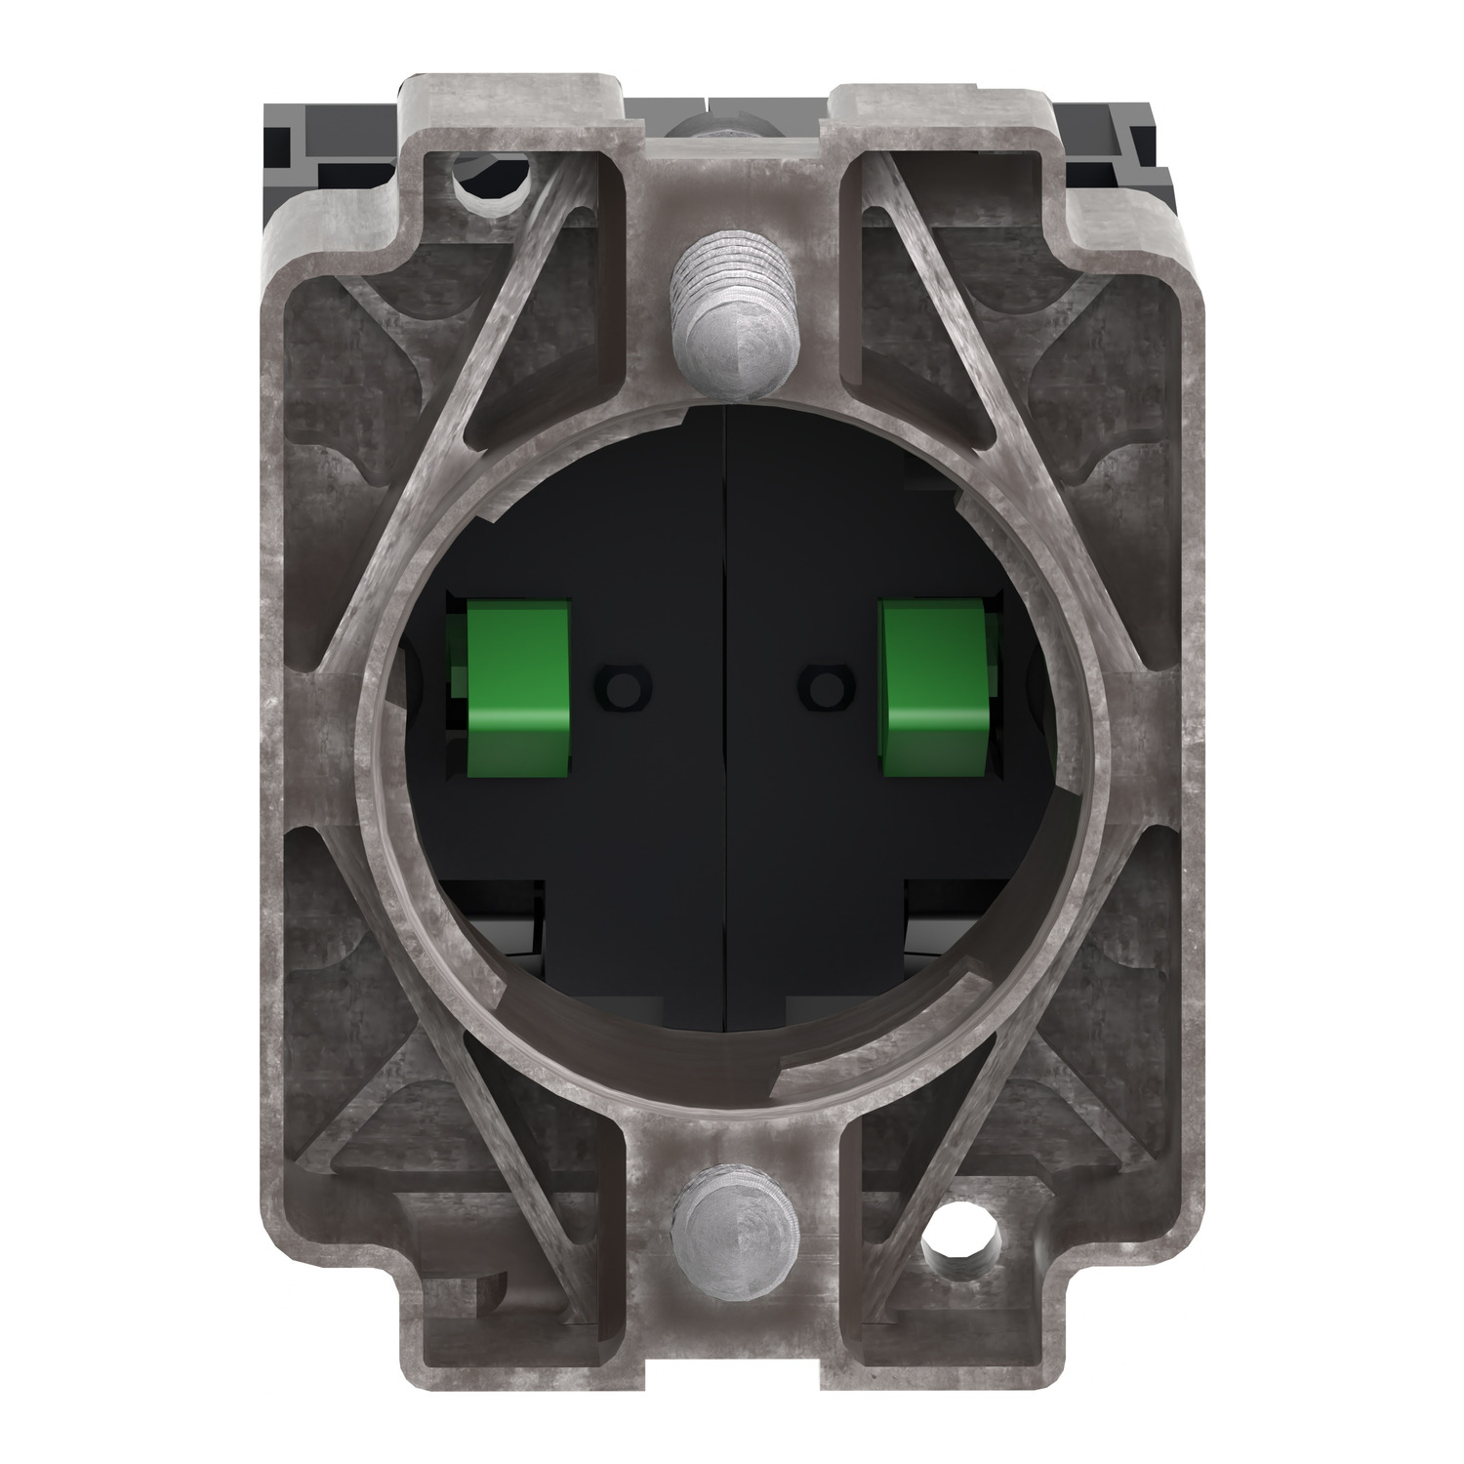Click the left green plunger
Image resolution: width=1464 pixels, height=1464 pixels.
517,689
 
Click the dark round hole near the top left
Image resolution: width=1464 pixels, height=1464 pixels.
497,177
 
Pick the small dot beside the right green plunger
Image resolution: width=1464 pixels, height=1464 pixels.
826,680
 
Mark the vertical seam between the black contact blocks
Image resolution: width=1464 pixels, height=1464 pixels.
723,830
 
